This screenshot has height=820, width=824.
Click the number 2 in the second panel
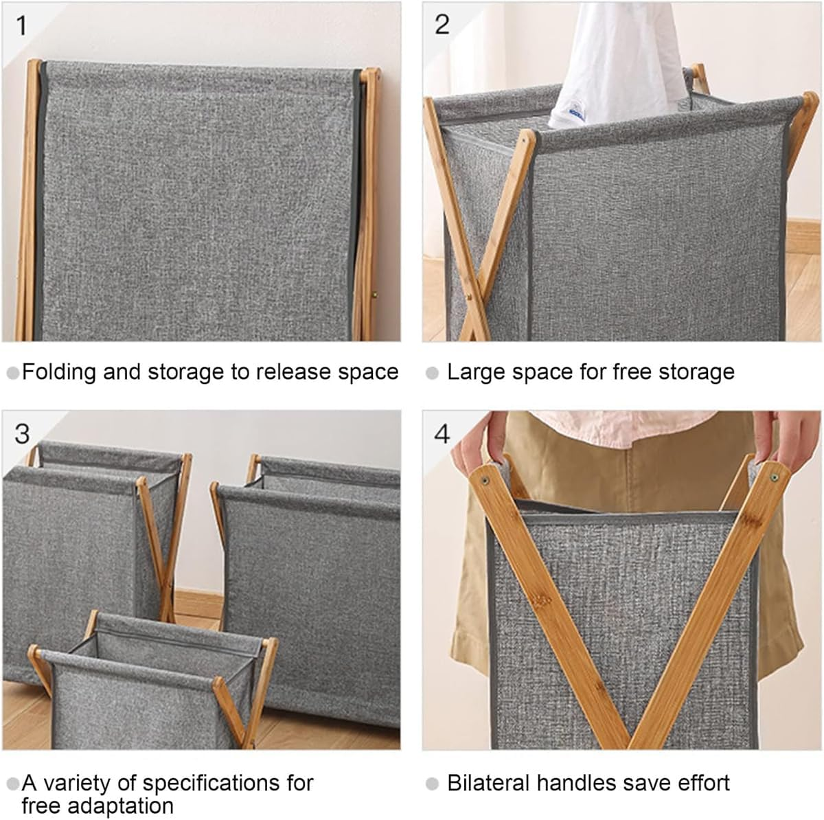442,25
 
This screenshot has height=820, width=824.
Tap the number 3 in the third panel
22,433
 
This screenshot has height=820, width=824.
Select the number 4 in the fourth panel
442,433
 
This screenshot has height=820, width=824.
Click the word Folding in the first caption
59,372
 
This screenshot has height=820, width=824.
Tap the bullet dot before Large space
432,374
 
